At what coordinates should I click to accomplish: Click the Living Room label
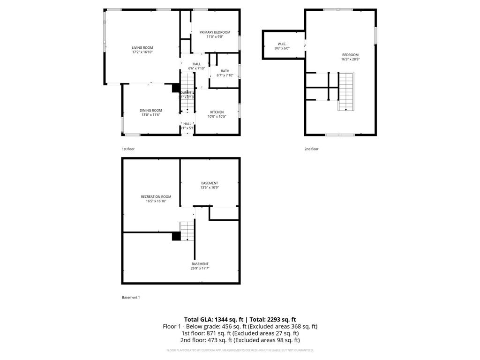(142, 47)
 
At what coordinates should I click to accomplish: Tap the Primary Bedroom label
(215, 32)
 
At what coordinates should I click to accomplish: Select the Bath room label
(225, 71)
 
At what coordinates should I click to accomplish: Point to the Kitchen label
(217, 112)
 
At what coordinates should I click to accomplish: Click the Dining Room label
(150, 110)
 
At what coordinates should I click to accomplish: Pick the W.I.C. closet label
(282, 44)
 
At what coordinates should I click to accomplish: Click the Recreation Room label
(156, 196)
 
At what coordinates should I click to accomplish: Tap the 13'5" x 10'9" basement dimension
(210, 187)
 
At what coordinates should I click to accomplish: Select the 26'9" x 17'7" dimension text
(200, 269)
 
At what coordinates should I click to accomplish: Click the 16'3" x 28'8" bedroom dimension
(350, 59)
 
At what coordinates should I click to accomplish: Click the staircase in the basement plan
(187, 230)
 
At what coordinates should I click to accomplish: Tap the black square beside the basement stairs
(176, 236)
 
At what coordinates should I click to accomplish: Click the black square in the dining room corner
(176, 88)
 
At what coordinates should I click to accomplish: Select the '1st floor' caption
(128, 149)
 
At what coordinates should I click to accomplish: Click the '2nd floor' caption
(311, 149)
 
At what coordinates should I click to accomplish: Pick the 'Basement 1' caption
(131, 297)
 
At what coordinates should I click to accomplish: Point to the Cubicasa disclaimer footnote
(240, 350)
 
